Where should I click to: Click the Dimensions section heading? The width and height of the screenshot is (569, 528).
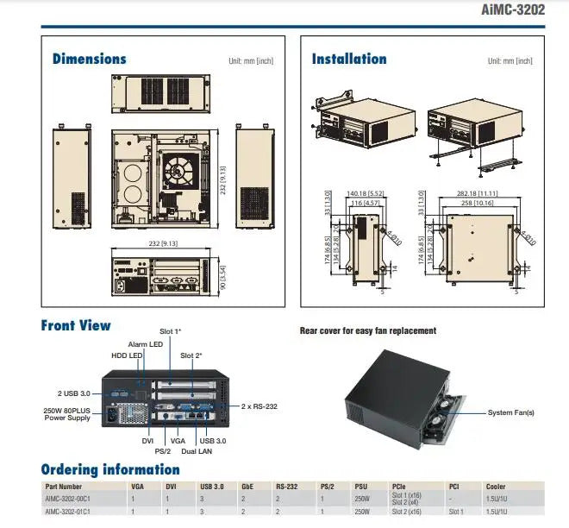89,60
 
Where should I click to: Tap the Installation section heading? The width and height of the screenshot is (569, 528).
348,60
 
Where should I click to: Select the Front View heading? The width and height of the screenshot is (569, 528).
76,326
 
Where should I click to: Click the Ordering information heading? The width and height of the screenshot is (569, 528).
110,470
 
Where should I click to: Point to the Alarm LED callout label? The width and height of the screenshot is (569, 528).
145,344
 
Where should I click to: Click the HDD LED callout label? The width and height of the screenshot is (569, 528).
127,355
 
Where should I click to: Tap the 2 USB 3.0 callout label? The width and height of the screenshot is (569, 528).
73,393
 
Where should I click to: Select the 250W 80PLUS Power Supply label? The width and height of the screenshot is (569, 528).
67,414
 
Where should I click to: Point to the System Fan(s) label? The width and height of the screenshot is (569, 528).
510,413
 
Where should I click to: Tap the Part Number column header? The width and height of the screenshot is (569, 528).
64,487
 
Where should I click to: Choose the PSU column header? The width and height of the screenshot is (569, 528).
362,487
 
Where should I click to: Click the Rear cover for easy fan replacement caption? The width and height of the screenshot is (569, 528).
368,330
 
